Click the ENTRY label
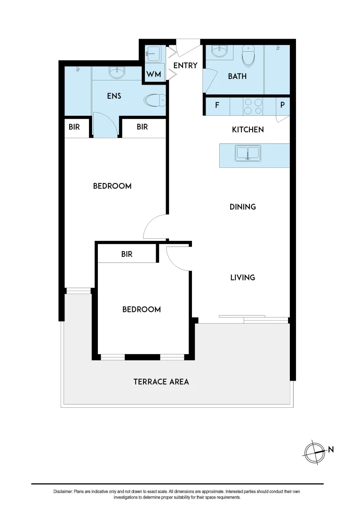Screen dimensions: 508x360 (185, 65)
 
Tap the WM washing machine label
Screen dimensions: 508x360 (153, 75)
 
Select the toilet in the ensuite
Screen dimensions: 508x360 (155, 100)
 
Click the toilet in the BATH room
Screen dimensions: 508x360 (248, 57)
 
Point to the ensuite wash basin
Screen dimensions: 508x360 (116, 72)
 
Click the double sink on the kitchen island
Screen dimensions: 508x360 (248, 154)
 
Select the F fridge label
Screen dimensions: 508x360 (217, 105)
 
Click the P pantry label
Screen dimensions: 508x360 (282, 105)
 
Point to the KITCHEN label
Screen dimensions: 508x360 (248, 129)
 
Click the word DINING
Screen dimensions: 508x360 (242, 206)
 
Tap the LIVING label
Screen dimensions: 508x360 (242, 278)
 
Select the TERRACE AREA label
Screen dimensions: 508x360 (161, 381)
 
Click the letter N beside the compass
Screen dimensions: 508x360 (331, 450)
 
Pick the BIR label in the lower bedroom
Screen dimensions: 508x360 (127, 254)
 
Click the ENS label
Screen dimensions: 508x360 (114, 96)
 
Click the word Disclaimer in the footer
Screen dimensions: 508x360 (63, 492)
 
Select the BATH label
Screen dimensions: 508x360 (237, 76)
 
